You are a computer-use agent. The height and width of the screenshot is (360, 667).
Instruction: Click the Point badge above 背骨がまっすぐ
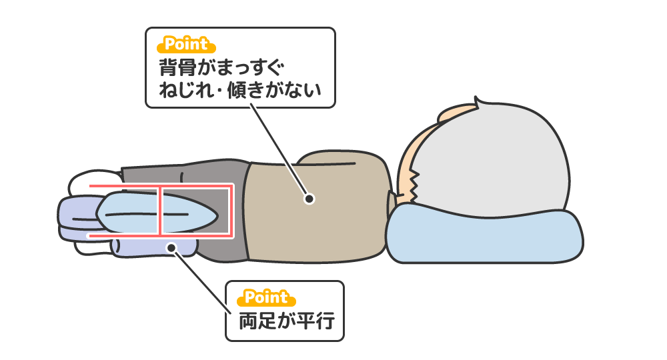pyautogui.click(x=186, y=45)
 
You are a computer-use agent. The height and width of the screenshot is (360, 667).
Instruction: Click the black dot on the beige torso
pyautogui.click(x=309, y=198)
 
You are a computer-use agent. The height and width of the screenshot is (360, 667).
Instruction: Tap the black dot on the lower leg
pyautogui.click(x=171, y=247)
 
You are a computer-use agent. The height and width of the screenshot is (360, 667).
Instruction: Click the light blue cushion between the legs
pyautogui.click(x=133, y=213)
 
